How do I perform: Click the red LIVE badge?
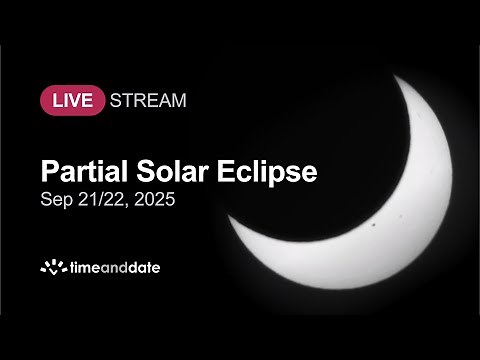[72, 100]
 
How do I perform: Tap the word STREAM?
[148, 100]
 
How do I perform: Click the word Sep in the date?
[56, 200]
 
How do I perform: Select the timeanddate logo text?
[114, 267]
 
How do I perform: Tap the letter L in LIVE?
[55, 100]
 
